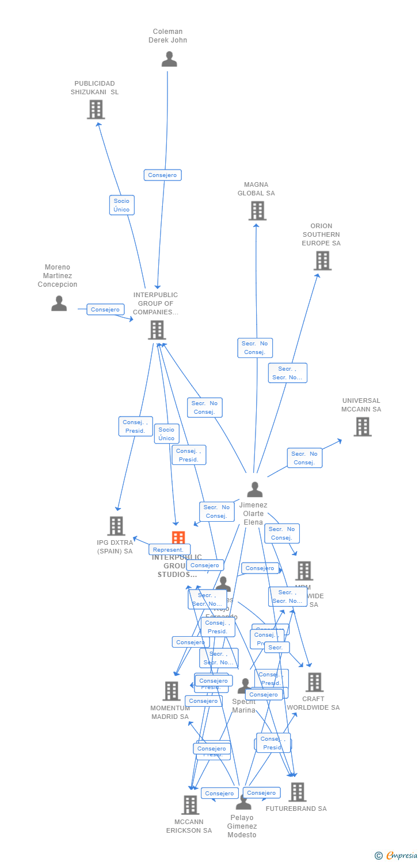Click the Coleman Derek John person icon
click(169, 59)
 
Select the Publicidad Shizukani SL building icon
click(96, 109)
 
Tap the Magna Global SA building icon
click(257, 211)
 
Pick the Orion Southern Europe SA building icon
click(322, 260)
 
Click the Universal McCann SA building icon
click(362, 426)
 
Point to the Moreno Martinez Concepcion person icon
click(59, 303)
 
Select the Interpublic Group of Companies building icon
click(157, 330)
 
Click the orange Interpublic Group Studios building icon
click(178, 538)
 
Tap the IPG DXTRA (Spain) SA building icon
click(116, 526)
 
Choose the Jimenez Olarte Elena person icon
click(254, 490)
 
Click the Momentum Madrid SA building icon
click(172, 691)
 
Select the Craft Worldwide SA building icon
click(314, 682)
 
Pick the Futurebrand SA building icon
click(297, 792)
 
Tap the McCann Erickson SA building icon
click(191, 805)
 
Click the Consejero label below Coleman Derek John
click(163, 175)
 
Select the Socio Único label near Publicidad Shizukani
click(121, 205)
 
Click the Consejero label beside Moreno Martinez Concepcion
click(105, 309)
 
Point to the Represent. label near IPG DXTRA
click(168, 549)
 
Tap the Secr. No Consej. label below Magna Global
click(255, 348)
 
